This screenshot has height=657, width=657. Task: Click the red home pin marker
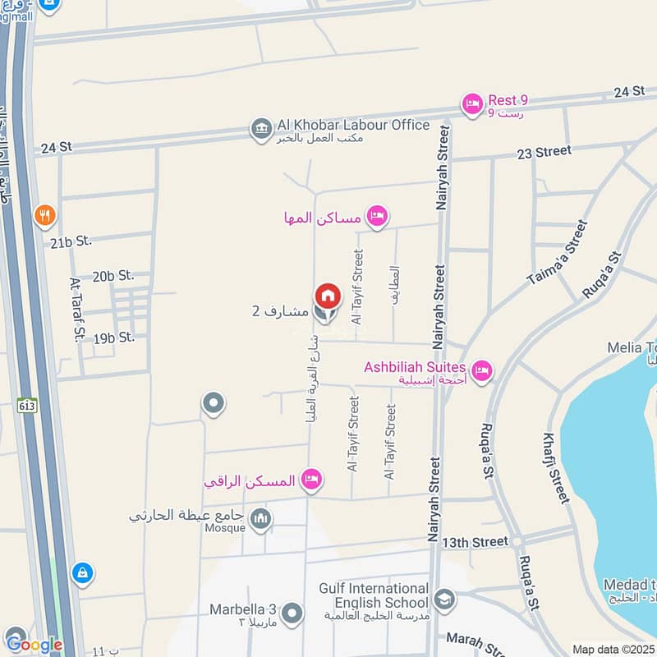coord(327,296)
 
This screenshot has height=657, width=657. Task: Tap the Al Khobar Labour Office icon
coord(262,130)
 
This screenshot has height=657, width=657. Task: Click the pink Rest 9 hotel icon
coord(471,104)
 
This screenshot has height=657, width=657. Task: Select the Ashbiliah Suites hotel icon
coord(481,371)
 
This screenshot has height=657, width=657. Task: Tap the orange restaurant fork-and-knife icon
coord(45,216)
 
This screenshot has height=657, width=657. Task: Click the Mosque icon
coord(260,519)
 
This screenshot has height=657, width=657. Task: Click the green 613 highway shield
coord(26,404)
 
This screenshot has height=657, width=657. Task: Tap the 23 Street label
coord(543,152)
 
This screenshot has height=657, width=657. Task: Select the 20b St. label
coord(113,277)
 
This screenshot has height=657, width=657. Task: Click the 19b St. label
coord(113,338)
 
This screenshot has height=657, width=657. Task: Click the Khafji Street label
coord(556,467)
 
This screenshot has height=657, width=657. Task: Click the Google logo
coord(34,644)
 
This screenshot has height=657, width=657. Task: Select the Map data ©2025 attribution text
coord(613,650)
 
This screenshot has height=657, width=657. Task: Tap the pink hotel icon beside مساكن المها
coord(377,216)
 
